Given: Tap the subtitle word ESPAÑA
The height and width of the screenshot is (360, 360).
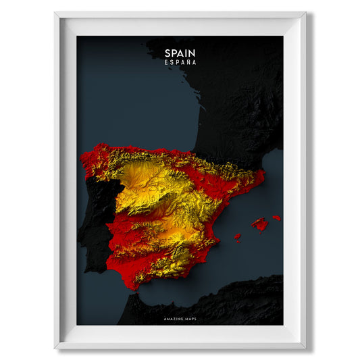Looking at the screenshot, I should (180, 62).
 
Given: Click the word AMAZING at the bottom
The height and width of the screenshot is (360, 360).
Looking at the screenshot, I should (172, 318).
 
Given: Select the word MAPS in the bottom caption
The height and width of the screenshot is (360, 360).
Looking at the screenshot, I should (190, 318).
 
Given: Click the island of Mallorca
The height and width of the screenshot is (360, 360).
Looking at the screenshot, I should (260, 224).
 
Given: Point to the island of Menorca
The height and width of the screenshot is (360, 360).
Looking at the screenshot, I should (276, 217).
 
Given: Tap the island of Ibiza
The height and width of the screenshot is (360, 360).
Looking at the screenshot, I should (237, 236).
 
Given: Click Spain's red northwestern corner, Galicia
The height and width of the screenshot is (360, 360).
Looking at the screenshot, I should (91, 162).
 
